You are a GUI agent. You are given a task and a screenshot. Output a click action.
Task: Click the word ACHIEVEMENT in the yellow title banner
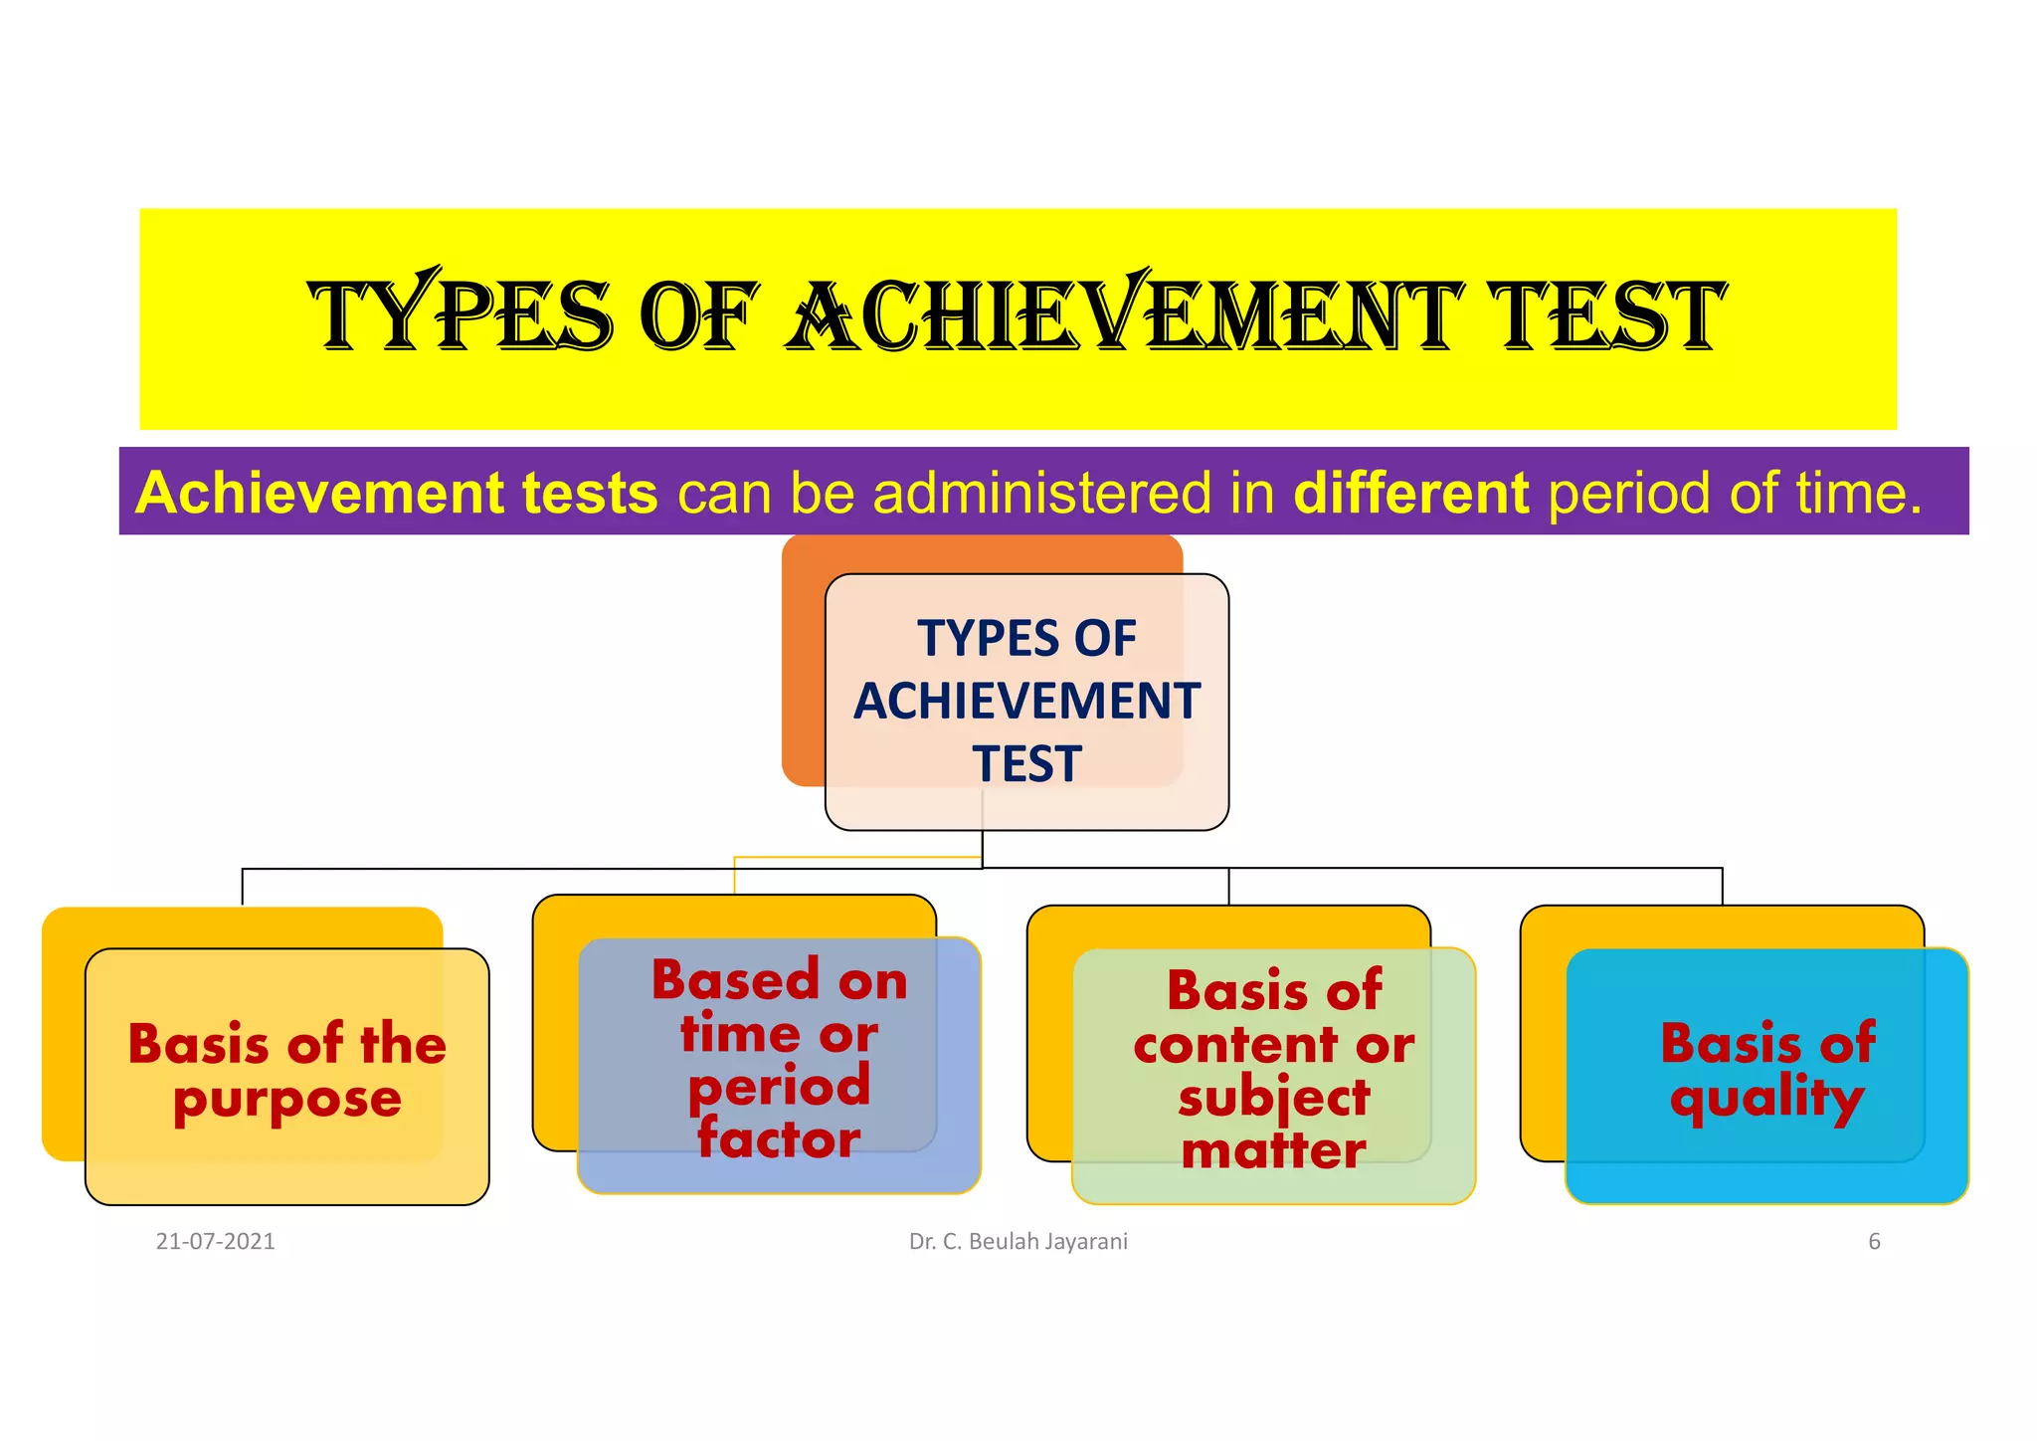point(1124,315)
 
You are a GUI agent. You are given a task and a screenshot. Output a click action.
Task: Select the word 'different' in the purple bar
point(1410,493)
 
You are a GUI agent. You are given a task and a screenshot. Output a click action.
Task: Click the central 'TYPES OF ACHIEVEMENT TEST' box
point(1026,701)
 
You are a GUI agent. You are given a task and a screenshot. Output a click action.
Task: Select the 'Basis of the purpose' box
point(286,1075)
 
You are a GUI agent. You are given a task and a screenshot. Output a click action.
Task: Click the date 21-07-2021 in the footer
point(215,1241)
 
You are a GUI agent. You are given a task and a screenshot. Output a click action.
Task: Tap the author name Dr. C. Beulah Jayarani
point(1018,1241)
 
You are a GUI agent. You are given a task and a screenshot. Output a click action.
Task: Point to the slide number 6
point(1874,1241)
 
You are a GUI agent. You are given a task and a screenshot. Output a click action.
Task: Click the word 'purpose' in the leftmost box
point(286,1101)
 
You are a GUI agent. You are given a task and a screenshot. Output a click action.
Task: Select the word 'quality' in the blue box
point(1766,1099)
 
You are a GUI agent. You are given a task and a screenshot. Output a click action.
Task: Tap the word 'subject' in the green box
point(1273,1099)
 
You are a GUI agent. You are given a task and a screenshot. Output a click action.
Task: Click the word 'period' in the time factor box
point(779,1087)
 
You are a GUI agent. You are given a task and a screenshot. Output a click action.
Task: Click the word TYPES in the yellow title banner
point(460,315)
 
